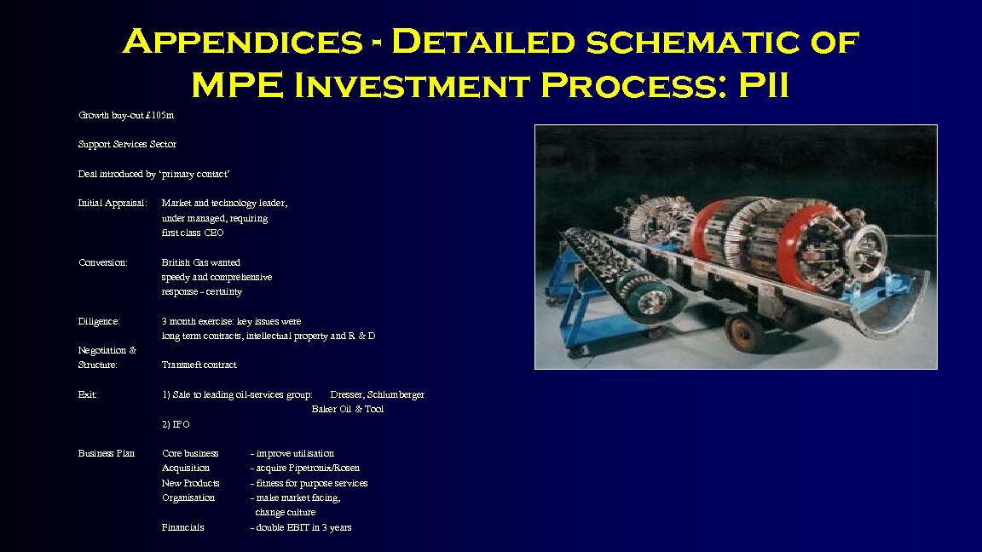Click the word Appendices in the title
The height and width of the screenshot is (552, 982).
click(x=241, y=42)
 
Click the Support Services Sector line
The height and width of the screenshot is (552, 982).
click(x=127, y=144)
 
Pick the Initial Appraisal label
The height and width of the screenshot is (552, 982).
click(x=113, y=203)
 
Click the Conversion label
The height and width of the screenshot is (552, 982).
click(x=102, y=262)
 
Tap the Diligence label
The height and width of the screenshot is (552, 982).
click(x=99, y=321)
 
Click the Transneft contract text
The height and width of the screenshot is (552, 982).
click(x=199, y=365)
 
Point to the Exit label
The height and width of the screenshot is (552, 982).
click(x=87, y=394)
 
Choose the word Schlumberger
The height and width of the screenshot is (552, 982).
click(x=396, y=394)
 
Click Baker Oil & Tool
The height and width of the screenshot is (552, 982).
click(x=348, y=409)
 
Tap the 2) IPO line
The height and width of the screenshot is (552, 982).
click(x=176, y=423)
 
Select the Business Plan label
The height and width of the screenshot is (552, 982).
click(x=107, y=453)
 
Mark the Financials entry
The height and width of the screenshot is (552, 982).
click(x=183, y=527)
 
